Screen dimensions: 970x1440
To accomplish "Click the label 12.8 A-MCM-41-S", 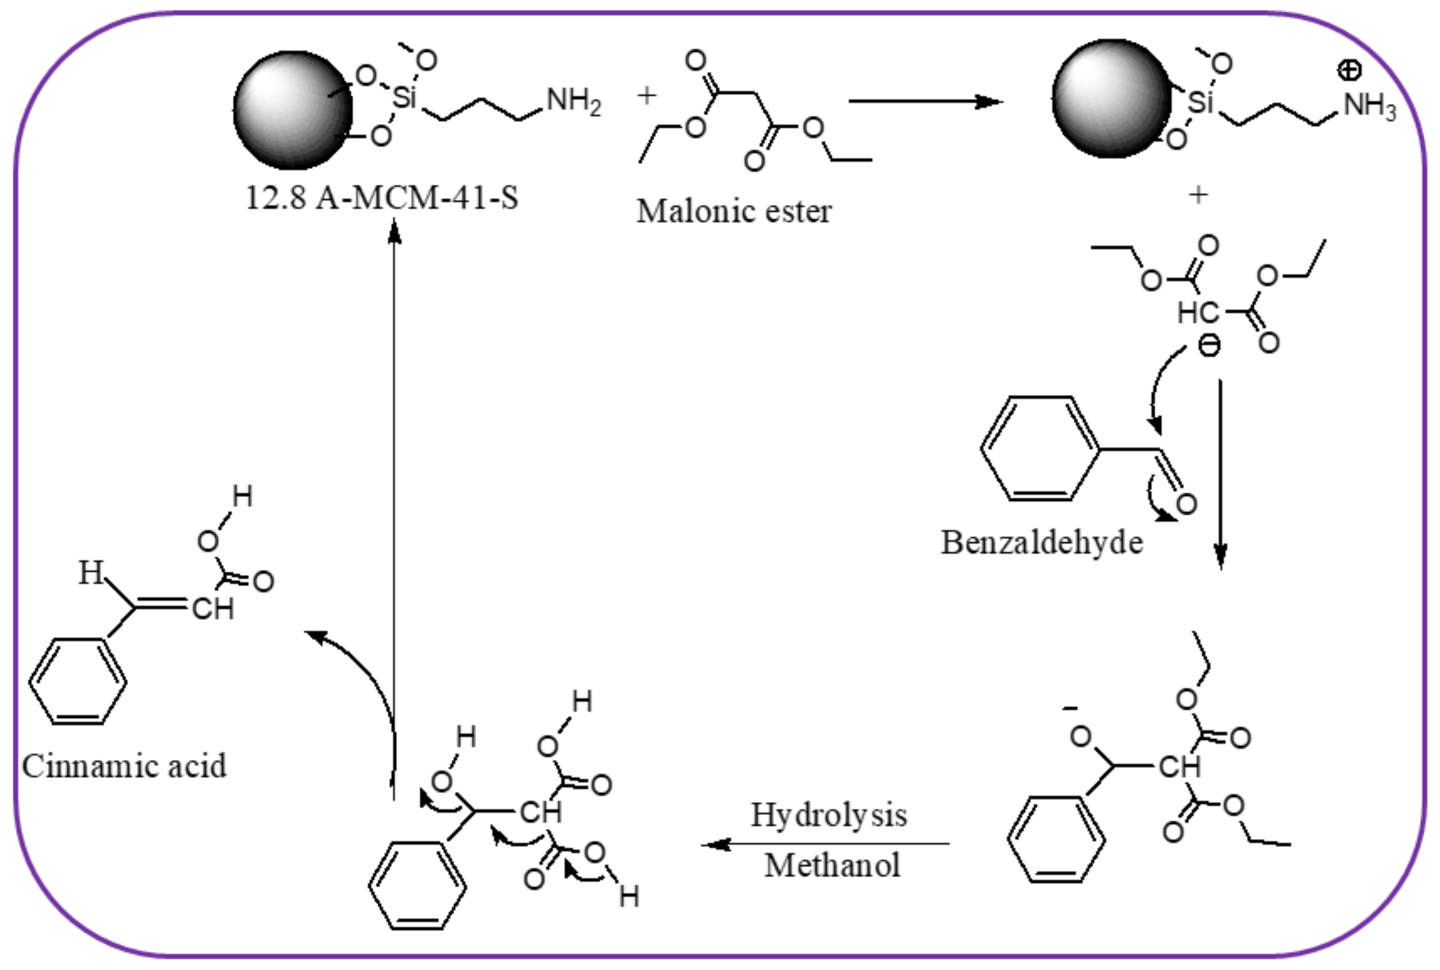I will tap(381, 198).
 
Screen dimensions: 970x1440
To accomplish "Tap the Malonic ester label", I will tap(733, 211).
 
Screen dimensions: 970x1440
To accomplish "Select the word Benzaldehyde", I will tap(1041, 543).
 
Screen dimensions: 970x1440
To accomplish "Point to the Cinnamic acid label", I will tap(124, 766).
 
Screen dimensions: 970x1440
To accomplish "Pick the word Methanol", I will tap(832, 865).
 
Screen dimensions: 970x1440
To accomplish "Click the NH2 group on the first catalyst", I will tap(573, 101).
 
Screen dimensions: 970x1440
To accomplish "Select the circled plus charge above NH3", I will tap(1349, 70).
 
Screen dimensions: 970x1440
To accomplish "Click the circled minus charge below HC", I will tap(1209, 345).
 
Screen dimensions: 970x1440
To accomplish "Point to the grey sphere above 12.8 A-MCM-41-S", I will tap(292, 110).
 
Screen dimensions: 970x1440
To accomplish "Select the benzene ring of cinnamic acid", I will tap(78, 680).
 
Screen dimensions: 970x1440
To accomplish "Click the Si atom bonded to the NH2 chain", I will tap(404, 97).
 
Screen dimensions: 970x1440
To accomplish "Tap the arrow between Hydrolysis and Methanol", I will tap(826, 844).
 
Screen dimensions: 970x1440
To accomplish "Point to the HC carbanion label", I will tap(1197, 313).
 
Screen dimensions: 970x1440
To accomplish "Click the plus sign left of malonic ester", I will tap(646, 95).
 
